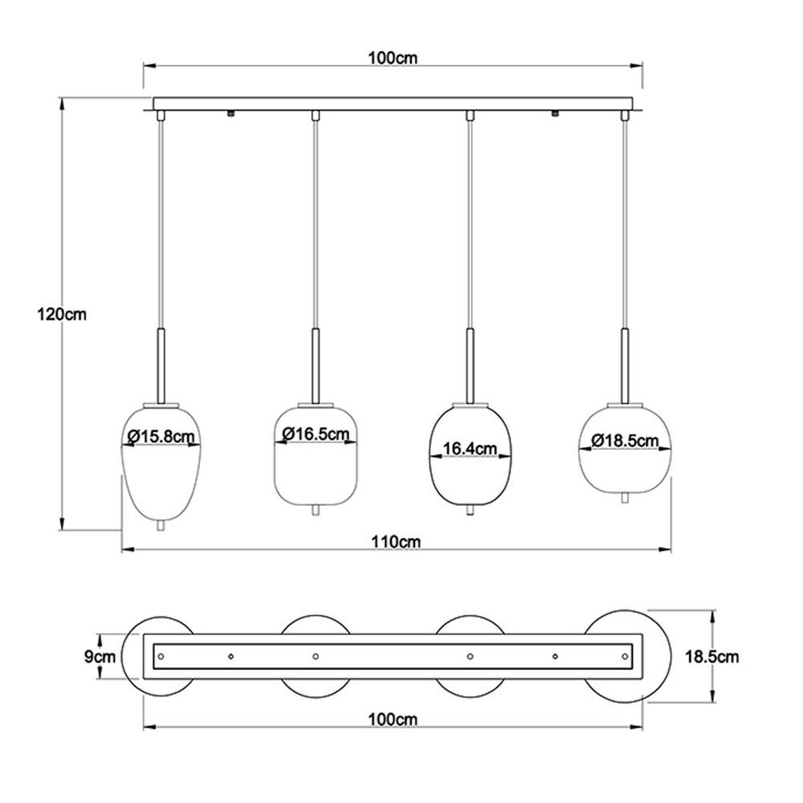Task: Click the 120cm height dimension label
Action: pos(62,314)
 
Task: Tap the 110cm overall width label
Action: pos(396,541)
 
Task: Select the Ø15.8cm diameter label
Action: pos(161,436)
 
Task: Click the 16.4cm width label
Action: pos(470,448)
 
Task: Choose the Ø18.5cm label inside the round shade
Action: pos(625,440)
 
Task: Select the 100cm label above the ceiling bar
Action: pos(393,58)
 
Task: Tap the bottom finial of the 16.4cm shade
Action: pos(470,511)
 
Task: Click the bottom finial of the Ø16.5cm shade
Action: pos(315,511)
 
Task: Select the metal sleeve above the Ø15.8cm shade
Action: pos(160,365)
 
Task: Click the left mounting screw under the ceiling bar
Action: pos(230,114)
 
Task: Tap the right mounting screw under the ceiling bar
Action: pos(555,114)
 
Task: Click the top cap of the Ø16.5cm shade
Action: pos(315,404)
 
